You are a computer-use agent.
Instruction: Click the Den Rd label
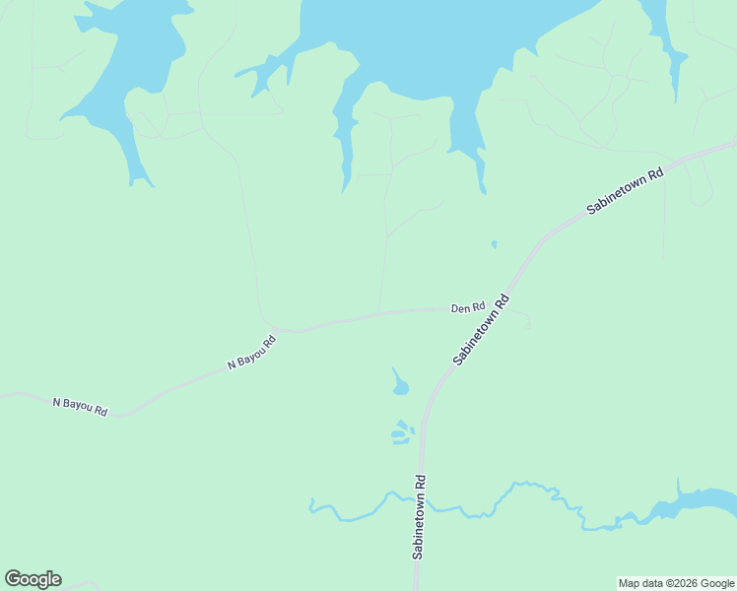pyautogui.click(x=468, y=308)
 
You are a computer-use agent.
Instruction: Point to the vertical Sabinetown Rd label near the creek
pyautogui.click(x=420, y=518)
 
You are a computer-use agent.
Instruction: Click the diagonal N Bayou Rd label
pyautogui.click(x=251, y=352)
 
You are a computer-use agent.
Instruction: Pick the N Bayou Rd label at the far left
pyautogui.click(x=79, y=405)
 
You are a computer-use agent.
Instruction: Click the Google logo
pyautogui.click(x=33, y=579)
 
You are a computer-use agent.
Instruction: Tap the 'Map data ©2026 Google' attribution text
pyautogui.click(x=677, y=583)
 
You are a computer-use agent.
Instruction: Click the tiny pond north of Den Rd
pyautogui.click(x=494, y=244)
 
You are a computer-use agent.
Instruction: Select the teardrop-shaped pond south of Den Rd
pyautogui.click(x=400, y=386)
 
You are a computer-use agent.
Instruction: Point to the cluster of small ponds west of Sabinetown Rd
pyautogui.click(x=401, y=432)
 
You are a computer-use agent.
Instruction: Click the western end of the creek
pyautogui.click(x=311, y=505)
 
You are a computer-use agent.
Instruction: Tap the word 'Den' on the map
pyautogui.click(x=459, y=308)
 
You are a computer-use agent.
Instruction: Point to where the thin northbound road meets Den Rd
pyautogui.click(x=379, y=312)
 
